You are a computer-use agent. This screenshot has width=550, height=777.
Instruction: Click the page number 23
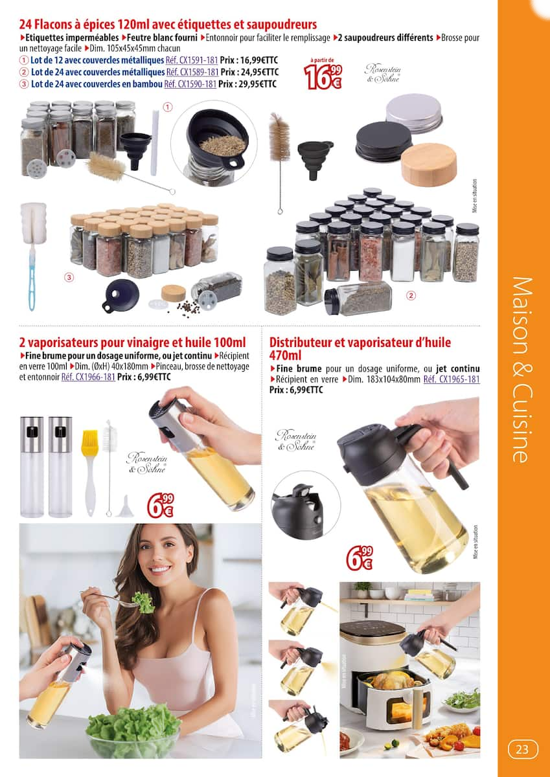click(522, 750)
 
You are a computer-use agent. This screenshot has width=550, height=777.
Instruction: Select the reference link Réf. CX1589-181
click(192, 72)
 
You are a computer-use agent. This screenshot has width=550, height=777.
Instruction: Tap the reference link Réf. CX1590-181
click(190, 84)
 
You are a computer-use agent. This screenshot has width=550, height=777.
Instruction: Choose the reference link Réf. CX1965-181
click(452, 379)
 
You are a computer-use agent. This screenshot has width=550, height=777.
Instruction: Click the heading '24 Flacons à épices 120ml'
click(168, 25)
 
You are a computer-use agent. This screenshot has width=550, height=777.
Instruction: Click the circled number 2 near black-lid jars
click(410, 296)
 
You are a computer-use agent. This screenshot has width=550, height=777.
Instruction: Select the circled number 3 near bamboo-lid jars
click(69, 278)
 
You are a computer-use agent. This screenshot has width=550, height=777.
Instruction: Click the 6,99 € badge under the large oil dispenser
click(359, 557)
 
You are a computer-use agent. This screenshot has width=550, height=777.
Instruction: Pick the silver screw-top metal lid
click(413, 113)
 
